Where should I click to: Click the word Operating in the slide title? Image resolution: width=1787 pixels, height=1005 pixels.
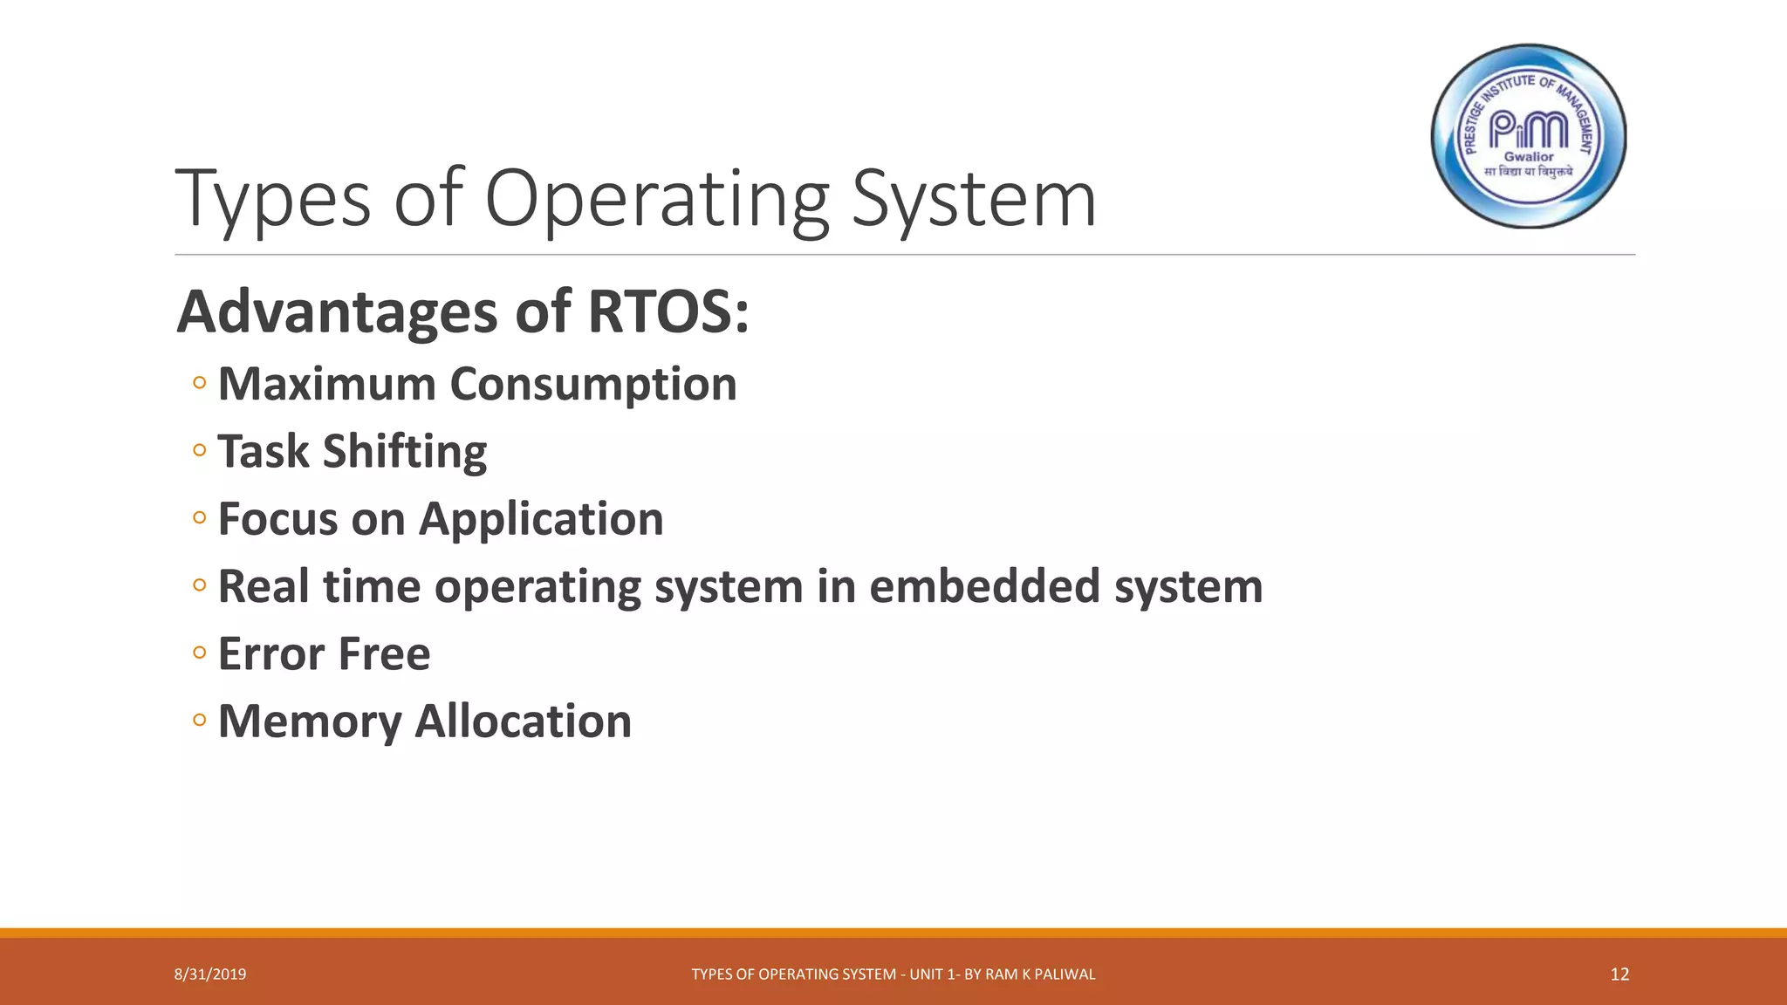coord(656,201)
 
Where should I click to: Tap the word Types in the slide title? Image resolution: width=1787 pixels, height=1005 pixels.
coord(273,201)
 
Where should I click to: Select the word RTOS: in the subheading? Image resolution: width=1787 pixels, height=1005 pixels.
coord(668,311)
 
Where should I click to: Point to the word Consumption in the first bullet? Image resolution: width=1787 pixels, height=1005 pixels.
coord(593,385)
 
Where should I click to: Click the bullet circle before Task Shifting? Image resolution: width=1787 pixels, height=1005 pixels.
coord(200,450)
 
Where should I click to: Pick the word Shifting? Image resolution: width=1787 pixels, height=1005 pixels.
coord(405,452)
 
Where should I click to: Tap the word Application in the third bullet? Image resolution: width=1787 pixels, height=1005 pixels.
coord(541,520)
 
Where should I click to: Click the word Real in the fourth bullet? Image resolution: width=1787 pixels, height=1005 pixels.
coord(263,585)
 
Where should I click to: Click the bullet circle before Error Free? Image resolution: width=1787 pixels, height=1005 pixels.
coord(200,653)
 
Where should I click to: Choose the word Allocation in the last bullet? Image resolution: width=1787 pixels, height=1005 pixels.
coord(523,721)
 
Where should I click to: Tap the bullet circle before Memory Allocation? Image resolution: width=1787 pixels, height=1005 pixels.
coord(200,720)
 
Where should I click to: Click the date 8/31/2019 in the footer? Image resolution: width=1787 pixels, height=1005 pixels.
coord(210,974)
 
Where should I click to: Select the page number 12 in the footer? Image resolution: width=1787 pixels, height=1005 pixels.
coord(1619,974)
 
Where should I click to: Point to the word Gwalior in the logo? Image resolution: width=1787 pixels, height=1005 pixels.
coord(1529,157)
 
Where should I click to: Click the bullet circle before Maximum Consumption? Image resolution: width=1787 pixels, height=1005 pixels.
coord(200,383)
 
